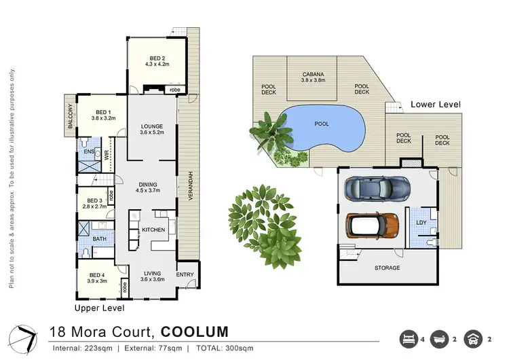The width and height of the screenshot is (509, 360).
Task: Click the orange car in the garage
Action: pyautogui.click(x=373, y=226)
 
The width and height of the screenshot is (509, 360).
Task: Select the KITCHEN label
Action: pyautogui.click(x=153, y=230)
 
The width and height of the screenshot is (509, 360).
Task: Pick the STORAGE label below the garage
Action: pyautogui.click(x=387, y=268)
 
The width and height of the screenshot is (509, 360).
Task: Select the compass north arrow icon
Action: pyautogui.click(x=25, y=337)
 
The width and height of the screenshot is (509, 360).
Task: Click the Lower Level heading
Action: pyautogui.click(x=436, y=105)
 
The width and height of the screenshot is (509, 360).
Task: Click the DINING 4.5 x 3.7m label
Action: pyautogui.click(x=149, y=187)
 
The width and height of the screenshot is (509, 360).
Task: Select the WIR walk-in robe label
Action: pyautogui.click(x=107, y=154)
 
